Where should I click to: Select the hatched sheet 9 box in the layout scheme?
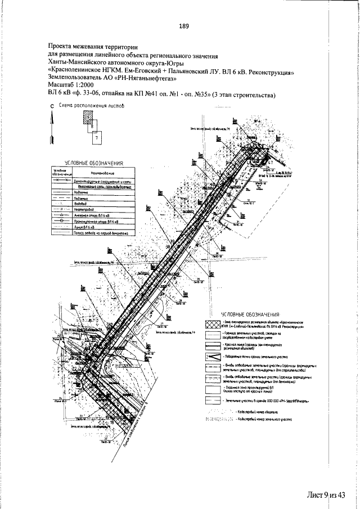point(88,116)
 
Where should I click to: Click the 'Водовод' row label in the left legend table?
point(84,203)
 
